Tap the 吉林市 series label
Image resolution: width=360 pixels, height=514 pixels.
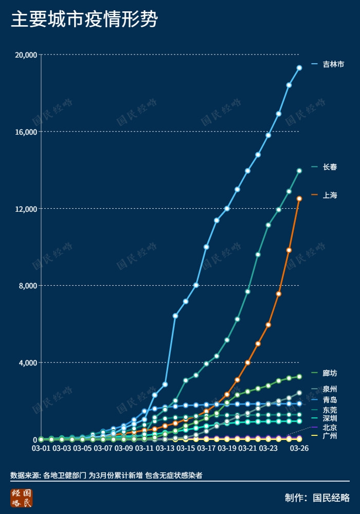tap(333, 64)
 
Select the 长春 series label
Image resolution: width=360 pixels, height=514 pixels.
tap(330, 167)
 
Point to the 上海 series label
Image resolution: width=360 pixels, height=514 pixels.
tap(330, 195)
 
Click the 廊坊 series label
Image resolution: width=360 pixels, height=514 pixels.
tap(330, 373)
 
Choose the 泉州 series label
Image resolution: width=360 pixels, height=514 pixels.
tap(330, 389)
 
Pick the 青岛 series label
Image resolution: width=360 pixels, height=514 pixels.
tap(330, 400)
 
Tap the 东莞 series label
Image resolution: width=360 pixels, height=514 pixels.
tap(330, 410)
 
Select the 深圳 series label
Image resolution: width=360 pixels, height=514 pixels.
tap(330, 418)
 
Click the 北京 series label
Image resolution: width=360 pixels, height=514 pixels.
tap(330, 427)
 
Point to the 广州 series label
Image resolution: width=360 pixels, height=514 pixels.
tap(330, 436)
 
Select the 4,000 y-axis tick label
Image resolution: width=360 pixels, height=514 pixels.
tap(27, 363)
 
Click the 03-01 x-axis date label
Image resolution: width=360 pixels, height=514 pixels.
tap(41, 448)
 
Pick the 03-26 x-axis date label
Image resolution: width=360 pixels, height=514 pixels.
tap(299, 448)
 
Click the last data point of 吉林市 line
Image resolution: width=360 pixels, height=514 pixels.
tap(299, 67)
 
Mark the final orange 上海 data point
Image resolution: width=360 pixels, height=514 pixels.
tap(299, 198)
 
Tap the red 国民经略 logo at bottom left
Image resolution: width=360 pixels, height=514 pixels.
tap(21, 498)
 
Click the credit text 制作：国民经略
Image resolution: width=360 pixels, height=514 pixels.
tap(317, 498)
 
